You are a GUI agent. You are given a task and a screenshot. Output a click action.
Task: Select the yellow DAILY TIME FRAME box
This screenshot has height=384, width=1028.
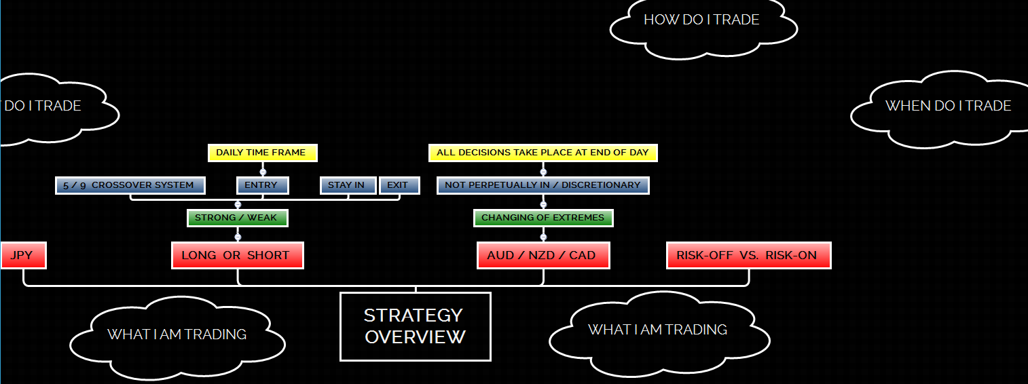click(x=262, y=153)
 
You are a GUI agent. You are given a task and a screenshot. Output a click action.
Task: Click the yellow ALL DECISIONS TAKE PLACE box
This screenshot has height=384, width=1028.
click(x=543, y=153)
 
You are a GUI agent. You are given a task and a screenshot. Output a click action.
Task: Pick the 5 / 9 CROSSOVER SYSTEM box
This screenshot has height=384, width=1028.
click(x=129, y=185)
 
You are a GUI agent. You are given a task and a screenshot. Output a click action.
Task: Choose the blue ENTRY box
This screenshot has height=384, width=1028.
click(x=262, y=185)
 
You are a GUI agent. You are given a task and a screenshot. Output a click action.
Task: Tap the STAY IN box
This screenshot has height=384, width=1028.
click(x=347, y=185)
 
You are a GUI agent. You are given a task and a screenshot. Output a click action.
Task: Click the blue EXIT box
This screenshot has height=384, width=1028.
click(x=399, y=185)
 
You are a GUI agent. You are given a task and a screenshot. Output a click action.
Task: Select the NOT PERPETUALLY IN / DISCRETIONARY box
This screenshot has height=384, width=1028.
click(x=543, y=185)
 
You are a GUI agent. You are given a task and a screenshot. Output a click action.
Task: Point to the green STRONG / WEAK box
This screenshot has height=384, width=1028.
click(x=237, y=218)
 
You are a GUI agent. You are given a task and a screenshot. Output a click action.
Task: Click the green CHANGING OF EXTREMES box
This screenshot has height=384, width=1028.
click(x=543, y=218)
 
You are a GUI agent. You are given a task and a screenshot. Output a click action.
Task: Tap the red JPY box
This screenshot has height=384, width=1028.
click(x=22, y=256)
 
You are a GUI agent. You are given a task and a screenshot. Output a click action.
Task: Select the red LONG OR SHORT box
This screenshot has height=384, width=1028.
click(x=237, y=256)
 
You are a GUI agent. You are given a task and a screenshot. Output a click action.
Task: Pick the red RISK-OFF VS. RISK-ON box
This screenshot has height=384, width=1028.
click(x=748, y=256)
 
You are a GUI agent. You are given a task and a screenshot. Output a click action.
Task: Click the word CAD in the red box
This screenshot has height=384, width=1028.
click(x=583, y=256)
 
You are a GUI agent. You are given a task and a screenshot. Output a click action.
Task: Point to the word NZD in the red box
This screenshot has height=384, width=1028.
click(x=542, y=256)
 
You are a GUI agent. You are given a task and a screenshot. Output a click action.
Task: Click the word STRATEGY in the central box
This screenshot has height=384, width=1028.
click(x=414, y=315)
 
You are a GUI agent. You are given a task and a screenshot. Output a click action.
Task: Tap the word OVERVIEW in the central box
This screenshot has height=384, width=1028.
click(x=415, y=337)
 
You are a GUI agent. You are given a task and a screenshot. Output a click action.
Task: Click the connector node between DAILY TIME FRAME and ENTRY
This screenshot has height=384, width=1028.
click(x=263, y=172)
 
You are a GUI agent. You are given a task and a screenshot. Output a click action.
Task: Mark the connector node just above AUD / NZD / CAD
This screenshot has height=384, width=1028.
click(x=543, y=237)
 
